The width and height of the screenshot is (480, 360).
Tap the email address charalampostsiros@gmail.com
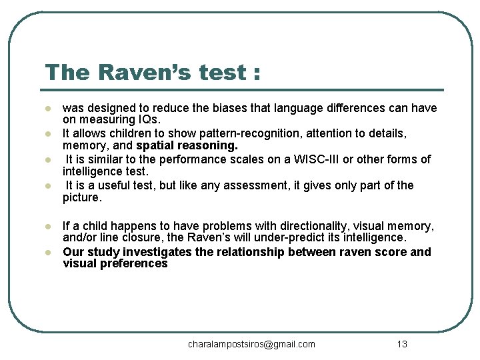pos(251,344)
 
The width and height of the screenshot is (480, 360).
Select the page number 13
pos(401,344)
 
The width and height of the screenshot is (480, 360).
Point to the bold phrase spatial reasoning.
pos(187,145)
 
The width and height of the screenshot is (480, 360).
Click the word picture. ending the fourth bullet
pos(82,197)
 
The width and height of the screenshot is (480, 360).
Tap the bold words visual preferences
pos(115,263)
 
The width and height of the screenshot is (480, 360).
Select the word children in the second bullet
pos(127,134)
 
